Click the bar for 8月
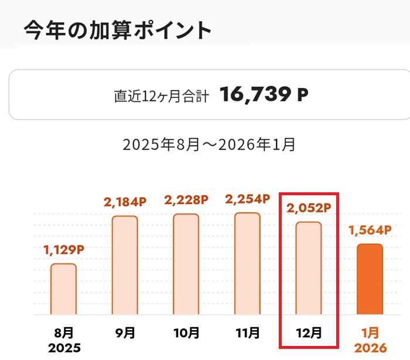(x=63, y=289)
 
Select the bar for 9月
(x=125, y=265)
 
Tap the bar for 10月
(x=186, y=264)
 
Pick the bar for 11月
(x=247, y=263)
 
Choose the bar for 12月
(x=308, y=268)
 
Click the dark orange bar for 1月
(x=370, y=279)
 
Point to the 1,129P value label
(x=64, y=250)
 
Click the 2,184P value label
(x=124, y=202)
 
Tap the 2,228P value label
(x=186, y=201)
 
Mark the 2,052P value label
(x=309, y=209)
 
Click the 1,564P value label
(x=370, y=230)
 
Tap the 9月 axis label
(x=125, y=333)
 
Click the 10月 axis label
(x=186, y=333)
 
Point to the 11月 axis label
(x=247, y=333)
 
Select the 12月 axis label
(x=309, y=333)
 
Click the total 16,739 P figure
(x=264, y=94)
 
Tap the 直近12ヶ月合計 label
(x=161, y=96)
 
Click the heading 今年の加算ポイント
(x=117, y=30)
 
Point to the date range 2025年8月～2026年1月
(x=209, y=144)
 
